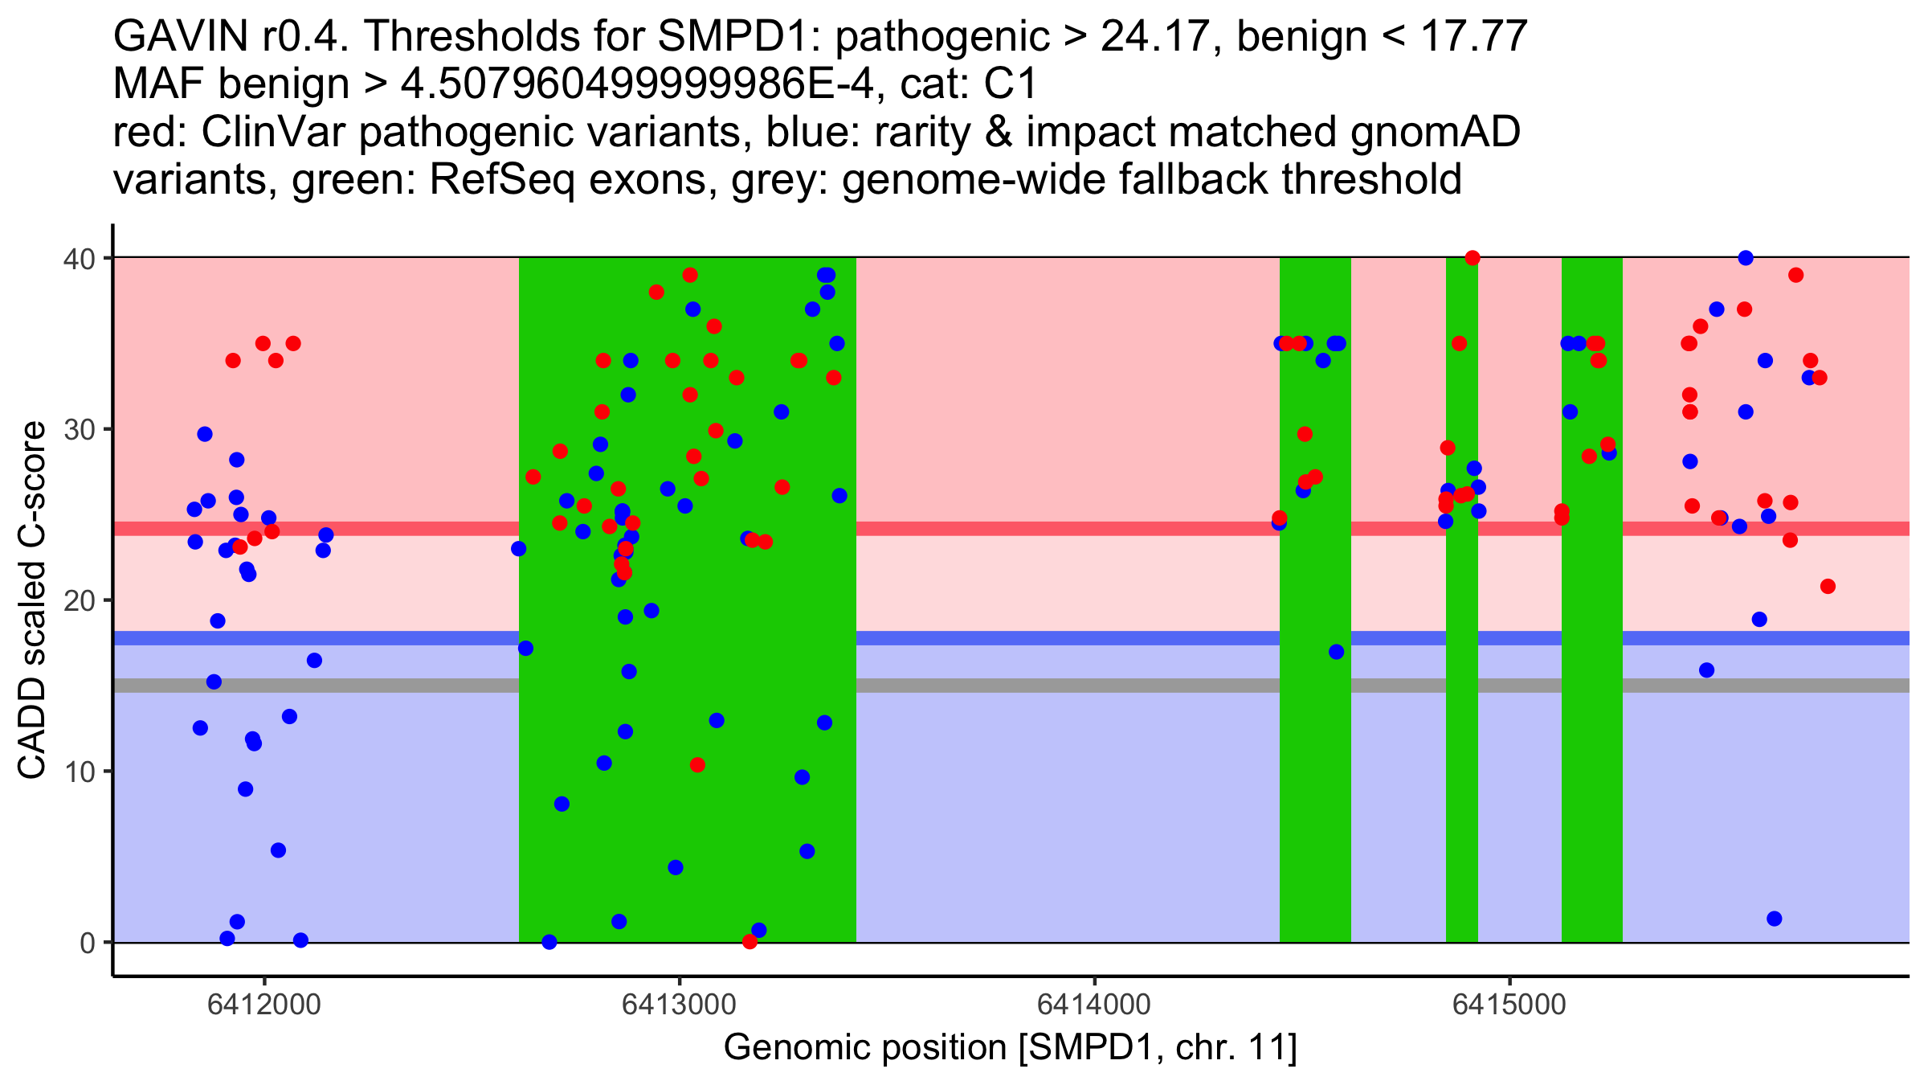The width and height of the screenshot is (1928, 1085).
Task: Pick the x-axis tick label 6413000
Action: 680,1005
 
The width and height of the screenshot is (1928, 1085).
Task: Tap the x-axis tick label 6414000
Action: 1094,1005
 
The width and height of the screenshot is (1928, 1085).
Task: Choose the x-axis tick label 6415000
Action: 1509,1005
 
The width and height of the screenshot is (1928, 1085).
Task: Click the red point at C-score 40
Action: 1473,258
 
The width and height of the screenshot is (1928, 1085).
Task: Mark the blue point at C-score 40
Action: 1746,258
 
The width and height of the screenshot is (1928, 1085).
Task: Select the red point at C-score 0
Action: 750,942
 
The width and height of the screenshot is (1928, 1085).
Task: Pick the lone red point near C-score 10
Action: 697,765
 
